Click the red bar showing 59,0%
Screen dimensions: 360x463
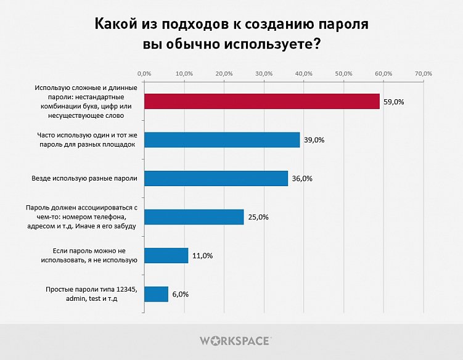pos(261,101)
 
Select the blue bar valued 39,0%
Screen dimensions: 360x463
pos(222,139)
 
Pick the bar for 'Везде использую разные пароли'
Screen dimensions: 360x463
pos(216,178)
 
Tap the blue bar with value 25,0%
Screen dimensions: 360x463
pos(194,217)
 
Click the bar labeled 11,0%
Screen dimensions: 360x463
pos(166,255)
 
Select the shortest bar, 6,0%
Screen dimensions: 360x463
pos(156,294)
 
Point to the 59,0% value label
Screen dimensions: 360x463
pos(393,102)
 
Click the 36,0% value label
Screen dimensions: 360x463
pos(302,179)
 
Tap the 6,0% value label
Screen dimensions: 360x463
pos(181,295)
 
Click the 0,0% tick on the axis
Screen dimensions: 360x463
pos(144,74)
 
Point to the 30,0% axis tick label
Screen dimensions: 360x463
pos(264,74)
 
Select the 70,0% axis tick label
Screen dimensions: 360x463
pos(424,74)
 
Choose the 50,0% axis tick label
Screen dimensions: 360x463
pos(343,74)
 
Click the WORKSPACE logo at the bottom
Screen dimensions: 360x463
pos(236,340)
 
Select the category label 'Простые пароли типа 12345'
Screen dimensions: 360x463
pos(91,290)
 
